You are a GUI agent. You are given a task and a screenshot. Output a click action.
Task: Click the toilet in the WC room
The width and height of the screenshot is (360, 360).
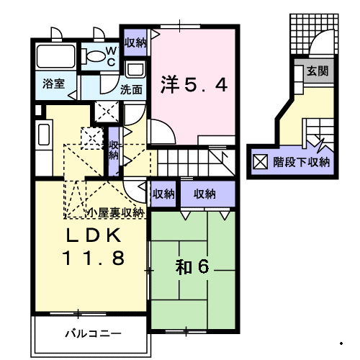pos(94,57)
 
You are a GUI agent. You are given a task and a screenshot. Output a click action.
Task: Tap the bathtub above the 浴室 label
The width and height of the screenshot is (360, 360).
pos(55,56)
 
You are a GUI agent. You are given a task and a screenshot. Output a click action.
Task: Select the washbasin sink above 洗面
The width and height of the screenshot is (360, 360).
pos(135,69)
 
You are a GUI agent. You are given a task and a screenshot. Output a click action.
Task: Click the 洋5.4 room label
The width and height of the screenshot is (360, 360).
pos(194,84)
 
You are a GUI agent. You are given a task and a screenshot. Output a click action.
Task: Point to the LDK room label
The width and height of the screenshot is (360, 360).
pos(94,235)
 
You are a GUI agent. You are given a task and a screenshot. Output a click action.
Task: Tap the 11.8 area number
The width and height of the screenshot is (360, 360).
pos(94,258)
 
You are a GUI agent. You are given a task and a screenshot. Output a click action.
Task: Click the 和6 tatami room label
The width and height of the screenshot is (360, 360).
pos(192,267)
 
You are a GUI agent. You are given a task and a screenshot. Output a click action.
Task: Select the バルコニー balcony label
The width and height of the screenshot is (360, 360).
pos(93,333)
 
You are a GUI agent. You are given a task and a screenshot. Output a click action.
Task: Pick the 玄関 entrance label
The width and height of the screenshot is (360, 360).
pos(318,71)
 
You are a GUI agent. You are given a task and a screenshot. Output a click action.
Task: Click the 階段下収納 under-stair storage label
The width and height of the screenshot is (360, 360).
pos(302,163)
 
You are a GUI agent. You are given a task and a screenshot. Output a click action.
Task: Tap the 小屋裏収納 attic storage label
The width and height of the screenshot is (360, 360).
pos(116,212)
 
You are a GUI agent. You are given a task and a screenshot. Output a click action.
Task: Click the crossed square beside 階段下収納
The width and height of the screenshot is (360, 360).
pos(261,162)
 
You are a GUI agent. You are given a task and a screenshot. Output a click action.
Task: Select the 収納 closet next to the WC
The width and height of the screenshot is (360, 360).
pos(135,43)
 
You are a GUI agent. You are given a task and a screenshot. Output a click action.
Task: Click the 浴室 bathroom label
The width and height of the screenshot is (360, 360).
pos(53,84)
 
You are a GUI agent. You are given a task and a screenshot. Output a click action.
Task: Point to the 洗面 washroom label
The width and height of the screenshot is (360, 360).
pos(131,90)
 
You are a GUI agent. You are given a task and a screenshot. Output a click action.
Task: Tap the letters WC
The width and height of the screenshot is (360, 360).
pos(112,57)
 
